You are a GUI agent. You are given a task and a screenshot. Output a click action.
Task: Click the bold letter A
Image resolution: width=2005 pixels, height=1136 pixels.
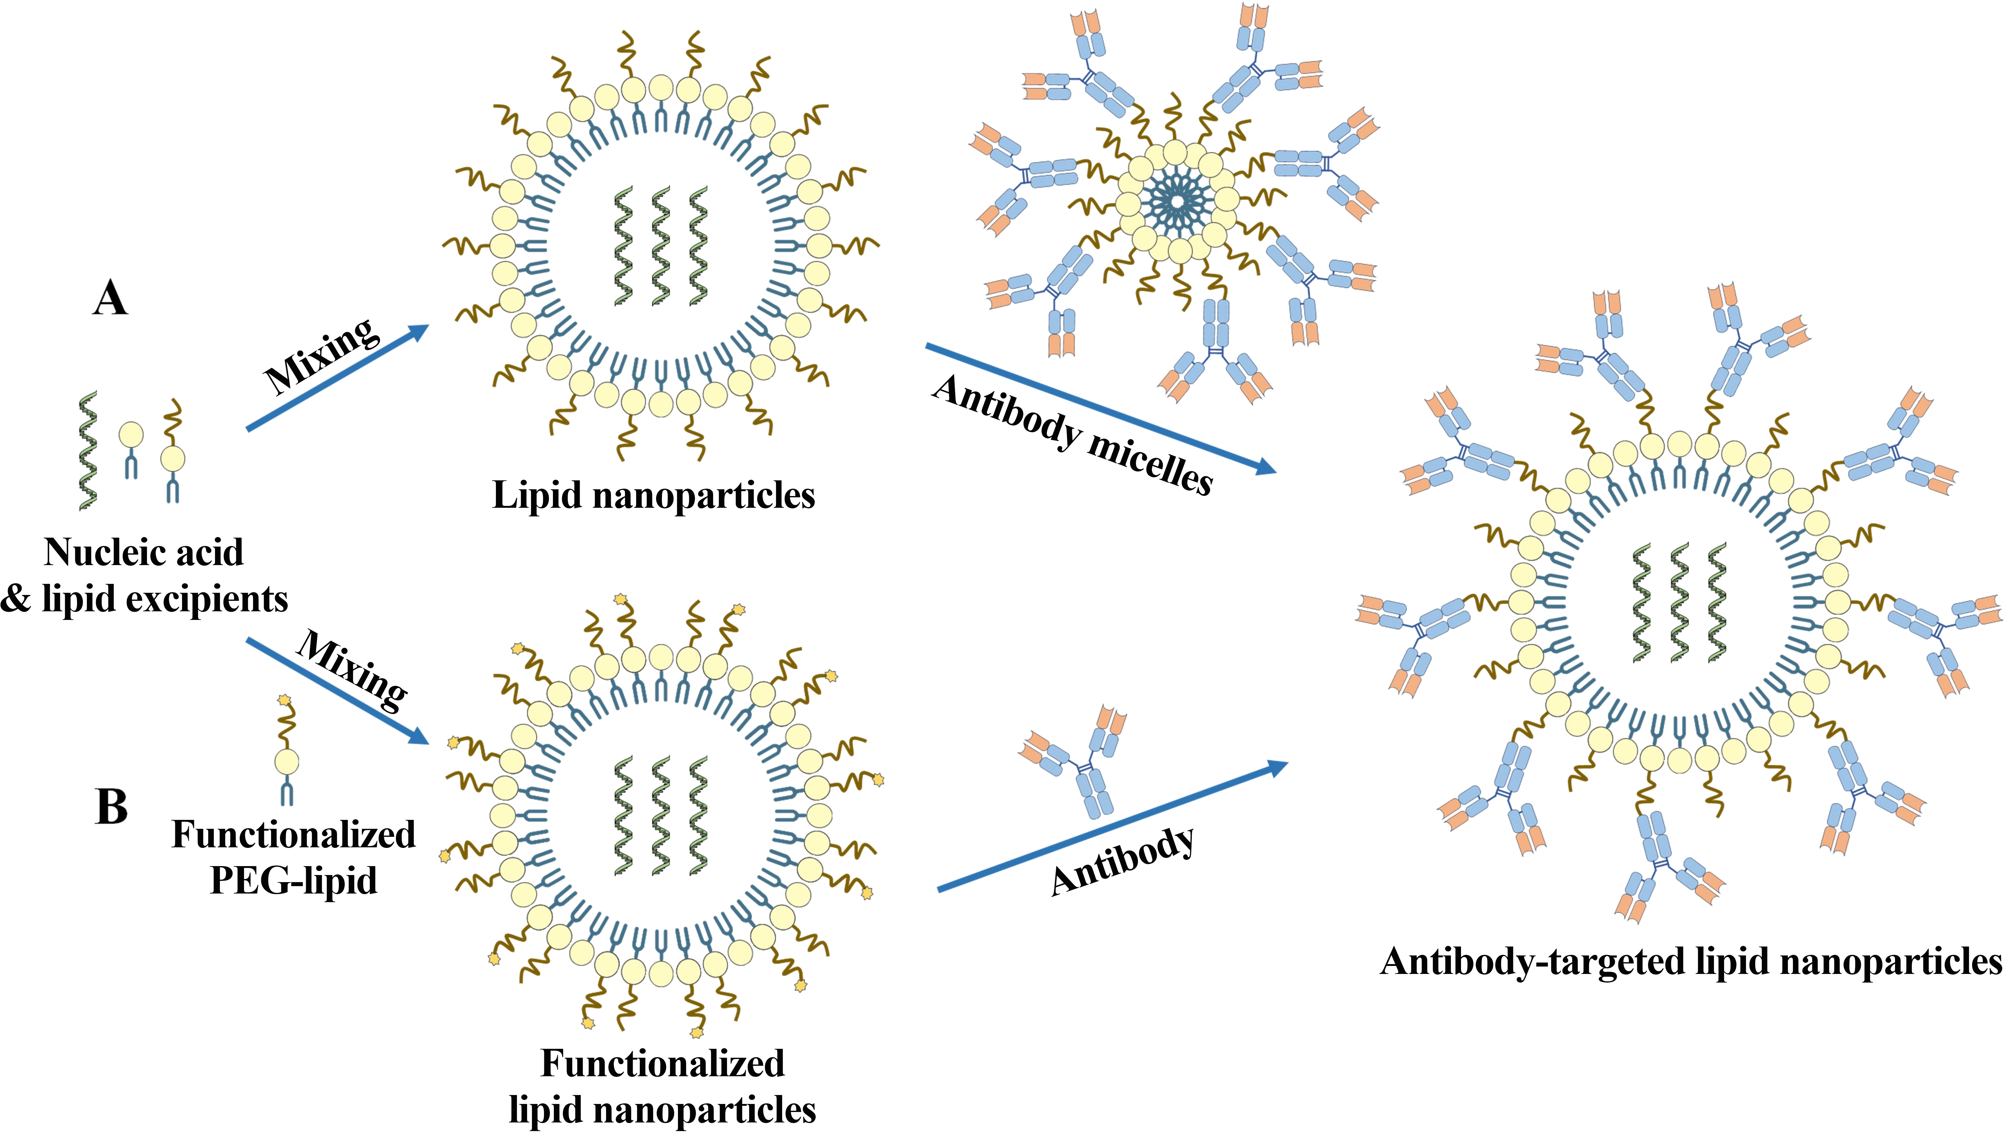(x=110, y=299)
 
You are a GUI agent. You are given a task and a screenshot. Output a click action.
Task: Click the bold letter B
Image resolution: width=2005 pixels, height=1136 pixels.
(x=112, y=807)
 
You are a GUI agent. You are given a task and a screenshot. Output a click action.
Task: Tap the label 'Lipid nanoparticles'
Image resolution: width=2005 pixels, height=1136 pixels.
(x=654, y=495)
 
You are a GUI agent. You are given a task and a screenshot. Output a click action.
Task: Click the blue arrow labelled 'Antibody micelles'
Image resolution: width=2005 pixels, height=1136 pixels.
(x=1100, y=408)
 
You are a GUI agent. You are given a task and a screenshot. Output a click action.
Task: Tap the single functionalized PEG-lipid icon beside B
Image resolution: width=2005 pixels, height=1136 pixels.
(x=286, y=753)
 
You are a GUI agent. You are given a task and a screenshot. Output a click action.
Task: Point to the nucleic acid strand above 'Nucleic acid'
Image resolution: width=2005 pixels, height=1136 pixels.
(x=88, y=451)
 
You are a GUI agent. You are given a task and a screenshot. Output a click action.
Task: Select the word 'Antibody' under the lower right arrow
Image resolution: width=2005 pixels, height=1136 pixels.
(x=1123, y=860)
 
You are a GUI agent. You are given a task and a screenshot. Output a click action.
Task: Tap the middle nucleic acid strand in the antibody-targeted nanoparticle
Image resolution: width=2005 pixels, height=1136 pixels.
(x=1678, y=602)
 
